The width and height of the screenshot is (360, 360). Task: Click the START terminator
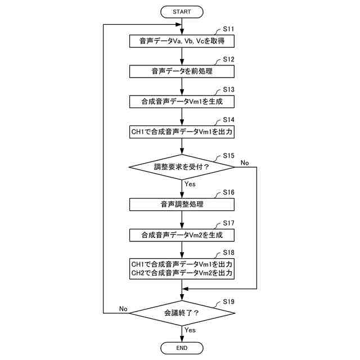182,11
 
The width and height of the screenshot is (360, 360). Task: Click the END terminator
182,348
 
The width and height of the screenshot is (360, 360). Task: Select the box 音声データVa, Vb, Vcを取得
182,41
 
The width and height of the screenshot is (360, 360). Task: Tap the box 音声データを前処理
182,71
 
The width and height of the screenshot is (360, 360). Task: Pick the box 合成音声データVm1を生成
182,102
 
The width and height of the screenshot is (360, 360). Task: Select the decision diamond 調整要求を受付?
182,166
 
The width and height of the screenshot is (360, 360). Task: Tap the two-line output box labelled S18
182,268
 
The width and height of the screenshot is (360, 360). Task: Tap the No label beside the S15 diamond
245,163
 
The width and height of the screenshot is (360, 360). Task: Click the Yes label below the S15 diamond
190,184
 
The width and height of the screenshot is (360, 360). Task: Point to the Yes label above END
190,330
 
